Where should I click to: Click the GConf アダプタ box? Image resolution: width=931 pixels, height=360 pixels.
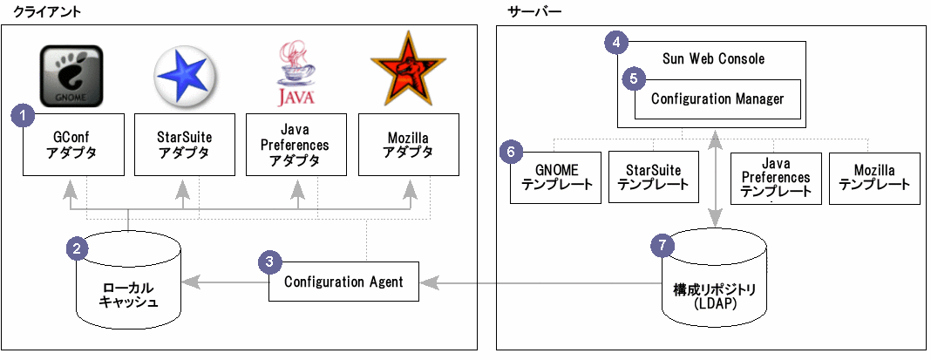pyautogui.click(x=73, y=145)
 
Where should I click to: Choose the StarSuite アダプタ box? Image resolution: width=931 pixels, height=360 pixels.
pyautogui.click(x=184, y=145)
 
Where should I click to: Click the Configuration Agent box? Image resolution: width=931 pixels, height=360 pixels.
pyautogui.click(x=343, y=282)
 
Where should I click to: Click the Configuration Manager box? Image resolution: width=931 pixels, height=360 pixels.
pyautogui.click(x=717, y=99)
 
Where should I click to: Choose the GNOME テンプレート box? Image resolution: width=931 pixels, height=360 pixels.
pyautogui.click(x=556, y=178)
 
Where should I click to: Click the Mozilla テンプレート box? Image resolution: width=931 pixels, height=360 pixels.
pyautogui.click(x=874, y=178)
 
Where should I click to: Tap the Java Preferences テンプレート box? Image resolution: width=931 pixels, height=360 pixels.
pyautogui.click(x=776, y=178)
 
